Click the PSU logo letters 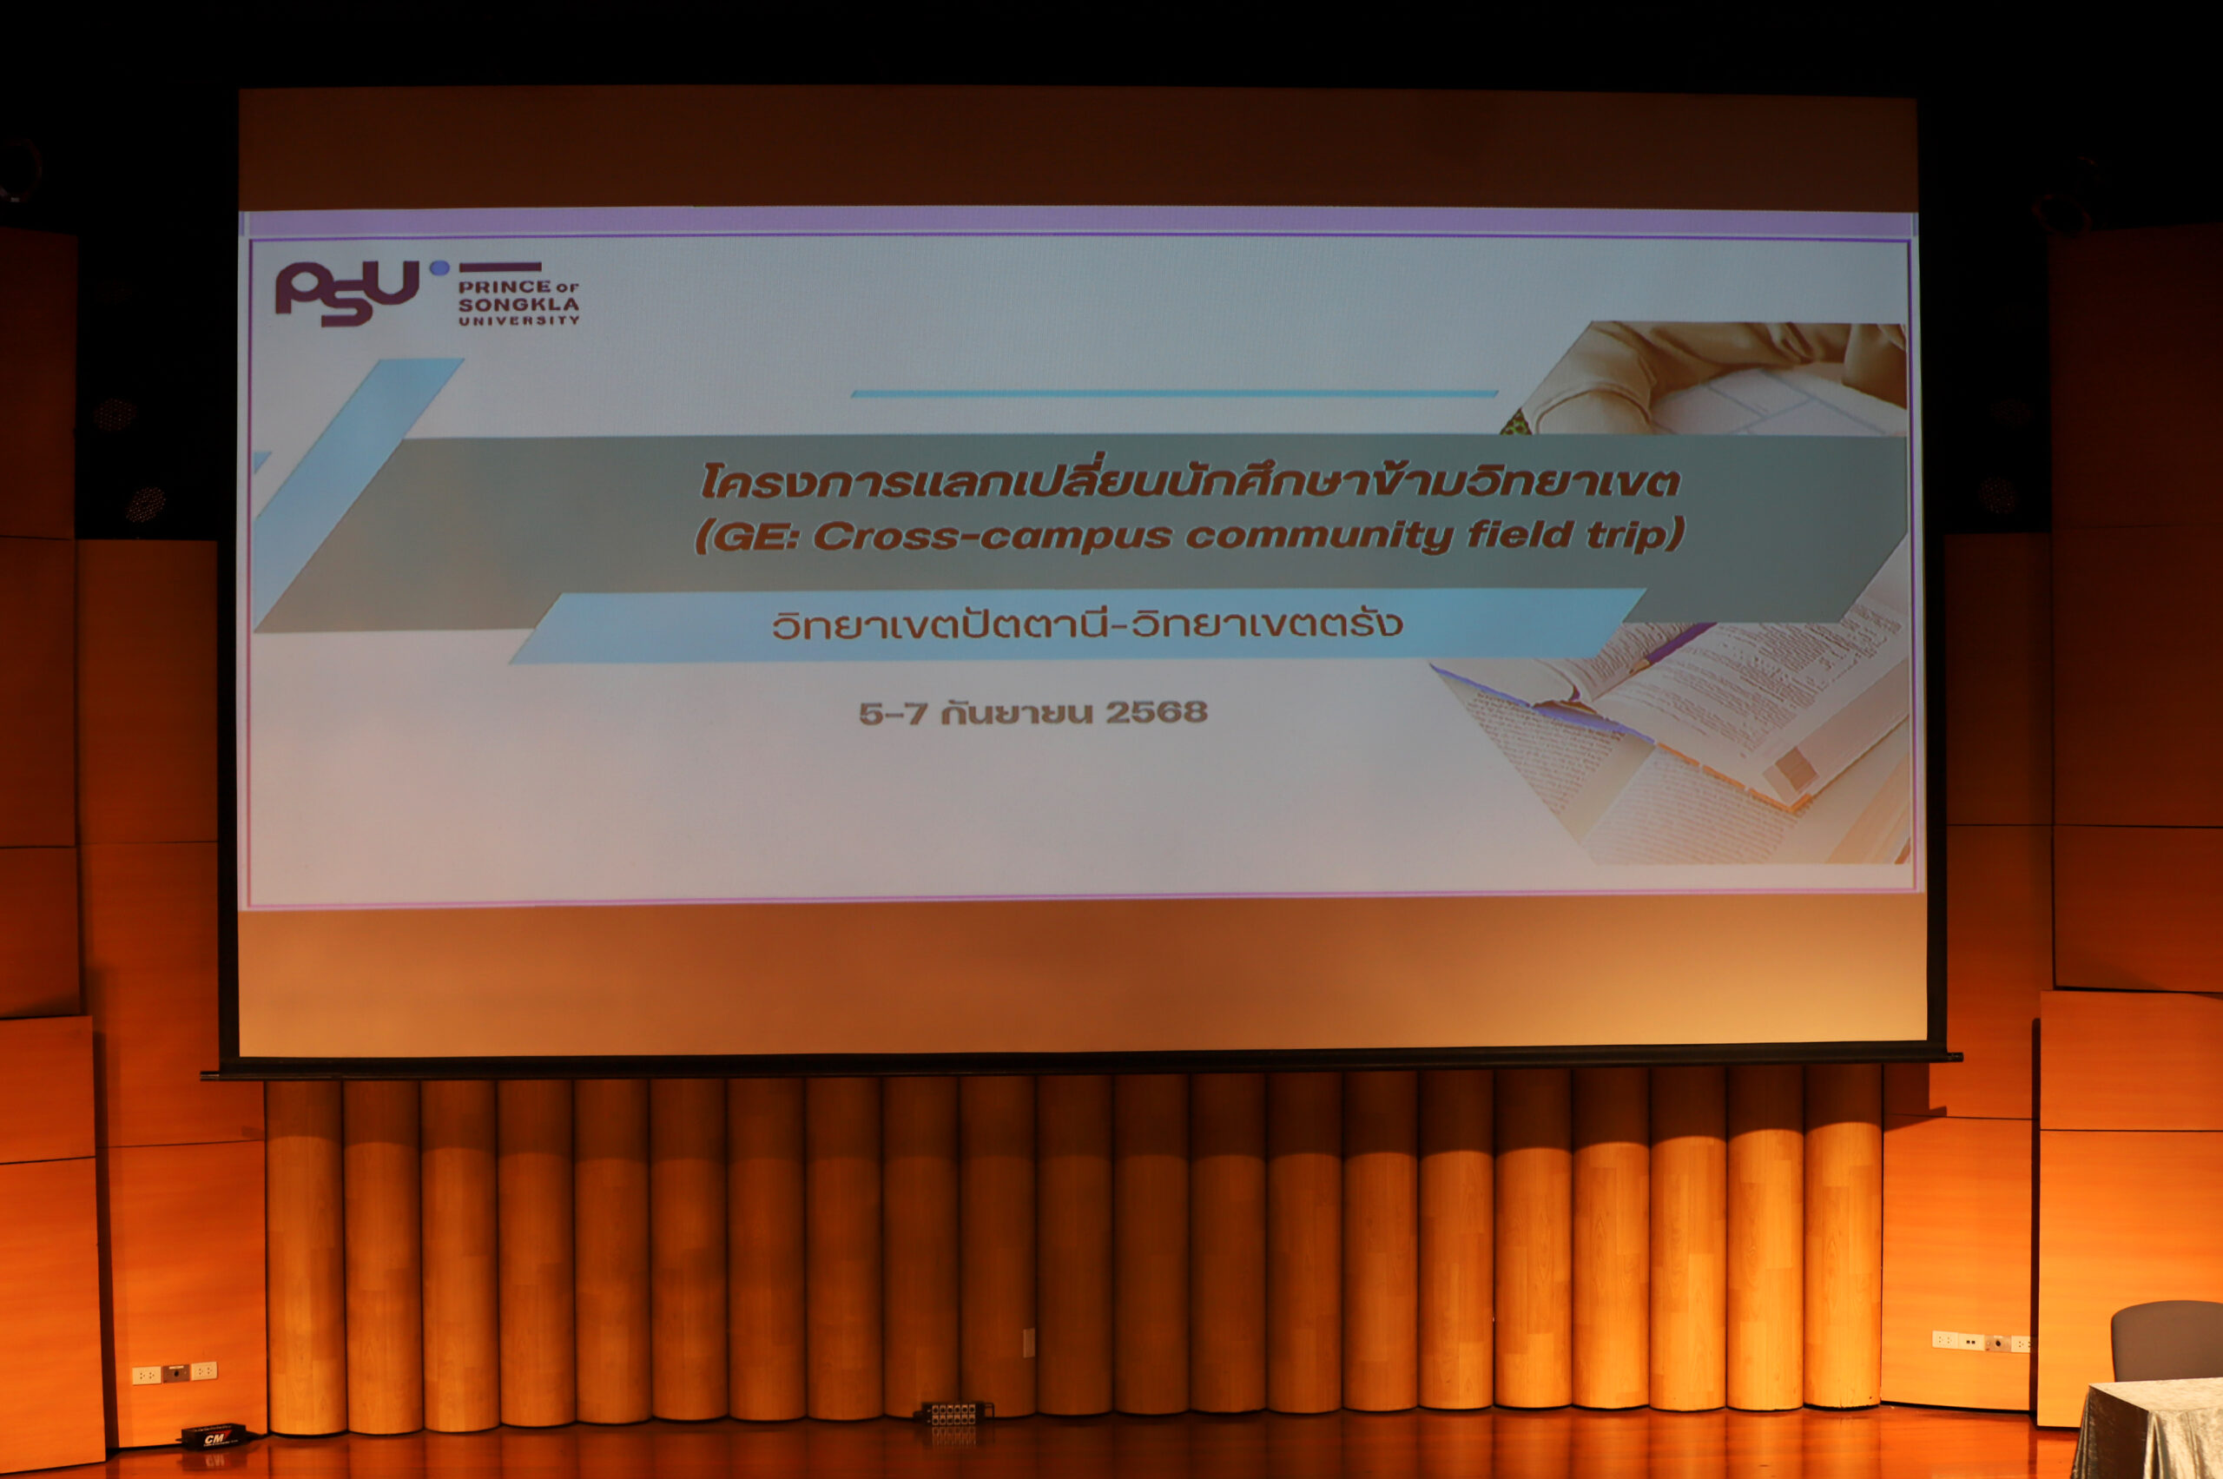[x=346, y=294]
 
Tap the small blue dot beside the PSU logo [x=439, y=267]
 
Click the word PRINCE [x=505, y=286]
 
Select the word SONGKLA [x=518, y=305]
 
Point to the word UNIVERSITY [x=518, y=320]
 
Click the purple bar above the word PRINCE [x=500, y=267]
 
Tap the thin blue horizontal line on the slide [x=1174, y=393]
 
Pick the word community [x=1318, y=536]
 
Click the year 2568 [x=1157, y=712]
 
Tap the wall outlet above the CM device [x=175, y=1371]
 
